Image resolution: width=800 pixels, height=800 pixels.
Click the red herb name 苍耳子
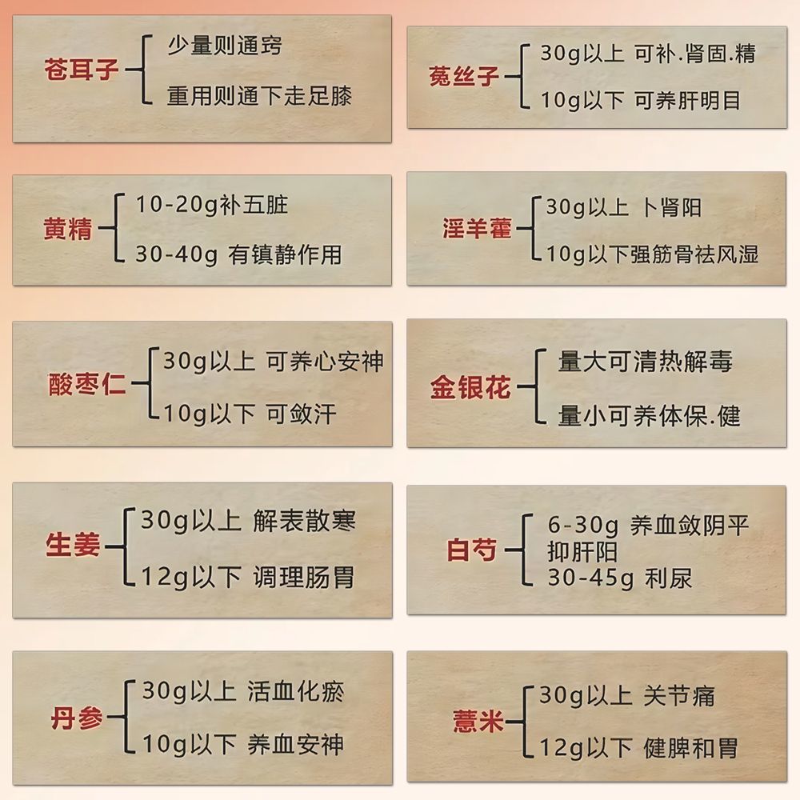point(82,70)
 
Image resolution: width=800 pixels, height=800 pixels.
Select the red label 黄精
point(69,230)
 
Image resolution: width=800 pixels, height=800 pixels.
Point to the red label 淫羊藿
point(477,229)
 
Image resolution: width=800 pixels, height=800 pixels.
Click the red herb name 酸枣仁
point(87,386)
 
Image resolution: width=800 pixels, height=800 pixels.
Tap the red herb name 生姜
point(73,547)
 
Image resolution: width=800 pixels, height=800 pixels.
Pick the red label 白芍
point(472,550)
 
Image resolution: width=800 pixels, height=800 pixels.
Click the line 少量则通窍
point(224,45)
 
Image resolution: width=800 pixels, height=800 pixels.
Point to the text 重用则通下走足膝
point(259,96)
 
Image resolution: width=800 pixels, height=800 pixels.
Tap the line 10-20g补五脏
point(211,205)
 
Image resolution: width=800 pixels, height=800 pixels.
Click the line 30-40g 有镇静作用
point(238,254)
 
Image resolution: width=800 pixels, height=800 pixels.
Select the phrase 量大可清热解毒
point(645,362)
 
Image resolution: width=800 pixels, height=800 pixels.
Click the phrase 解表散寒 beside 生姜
point(304,522)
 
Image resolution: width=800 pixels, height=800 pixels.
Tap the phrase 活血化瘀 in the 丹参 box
point(296,691)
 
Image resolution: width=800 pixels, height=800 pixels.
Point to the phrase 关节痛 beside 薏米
point(679,695)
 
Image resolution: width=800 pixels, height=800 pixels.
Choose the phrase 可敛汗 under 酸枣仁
point(302,414)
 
